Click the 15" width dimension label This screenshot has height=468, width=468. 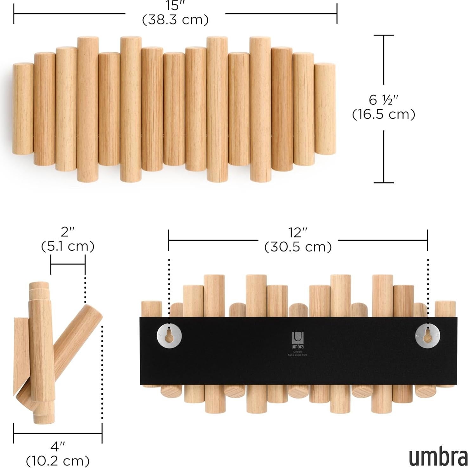coord(175,5)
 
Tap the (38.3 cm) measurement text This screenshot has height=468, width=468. coord(175,20)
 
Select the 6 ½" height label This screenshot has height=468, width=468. coord(383,100)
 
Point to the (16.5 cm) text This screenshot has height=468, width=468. coord(384,114)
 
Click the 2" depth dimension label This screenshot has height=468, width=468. coord(68,232)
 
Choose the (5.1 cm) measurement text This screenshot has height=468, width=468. coord(68,246)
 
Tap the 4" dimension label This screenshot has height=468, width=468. coord(57,447)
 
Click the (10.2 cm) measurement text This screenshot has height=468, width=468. coord(58,460)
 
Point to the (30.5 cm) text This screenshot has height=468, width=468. coord(298,247)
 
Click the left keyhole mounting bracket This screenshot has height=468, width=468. coord(169,335)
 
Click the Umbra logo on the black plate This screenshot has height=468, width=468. coord(297,340)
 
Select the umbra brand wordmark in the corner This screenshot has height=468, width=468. coord(438,457)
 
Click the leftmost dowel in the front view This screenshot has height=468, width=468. coord(23,109)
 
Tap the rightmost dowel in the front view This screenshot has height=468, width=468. coord(325,109)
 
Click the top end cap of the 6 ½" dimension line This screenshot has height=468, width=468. coord(384,36)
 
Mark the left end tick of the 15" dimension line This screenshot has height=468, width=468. coord(14,14)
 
